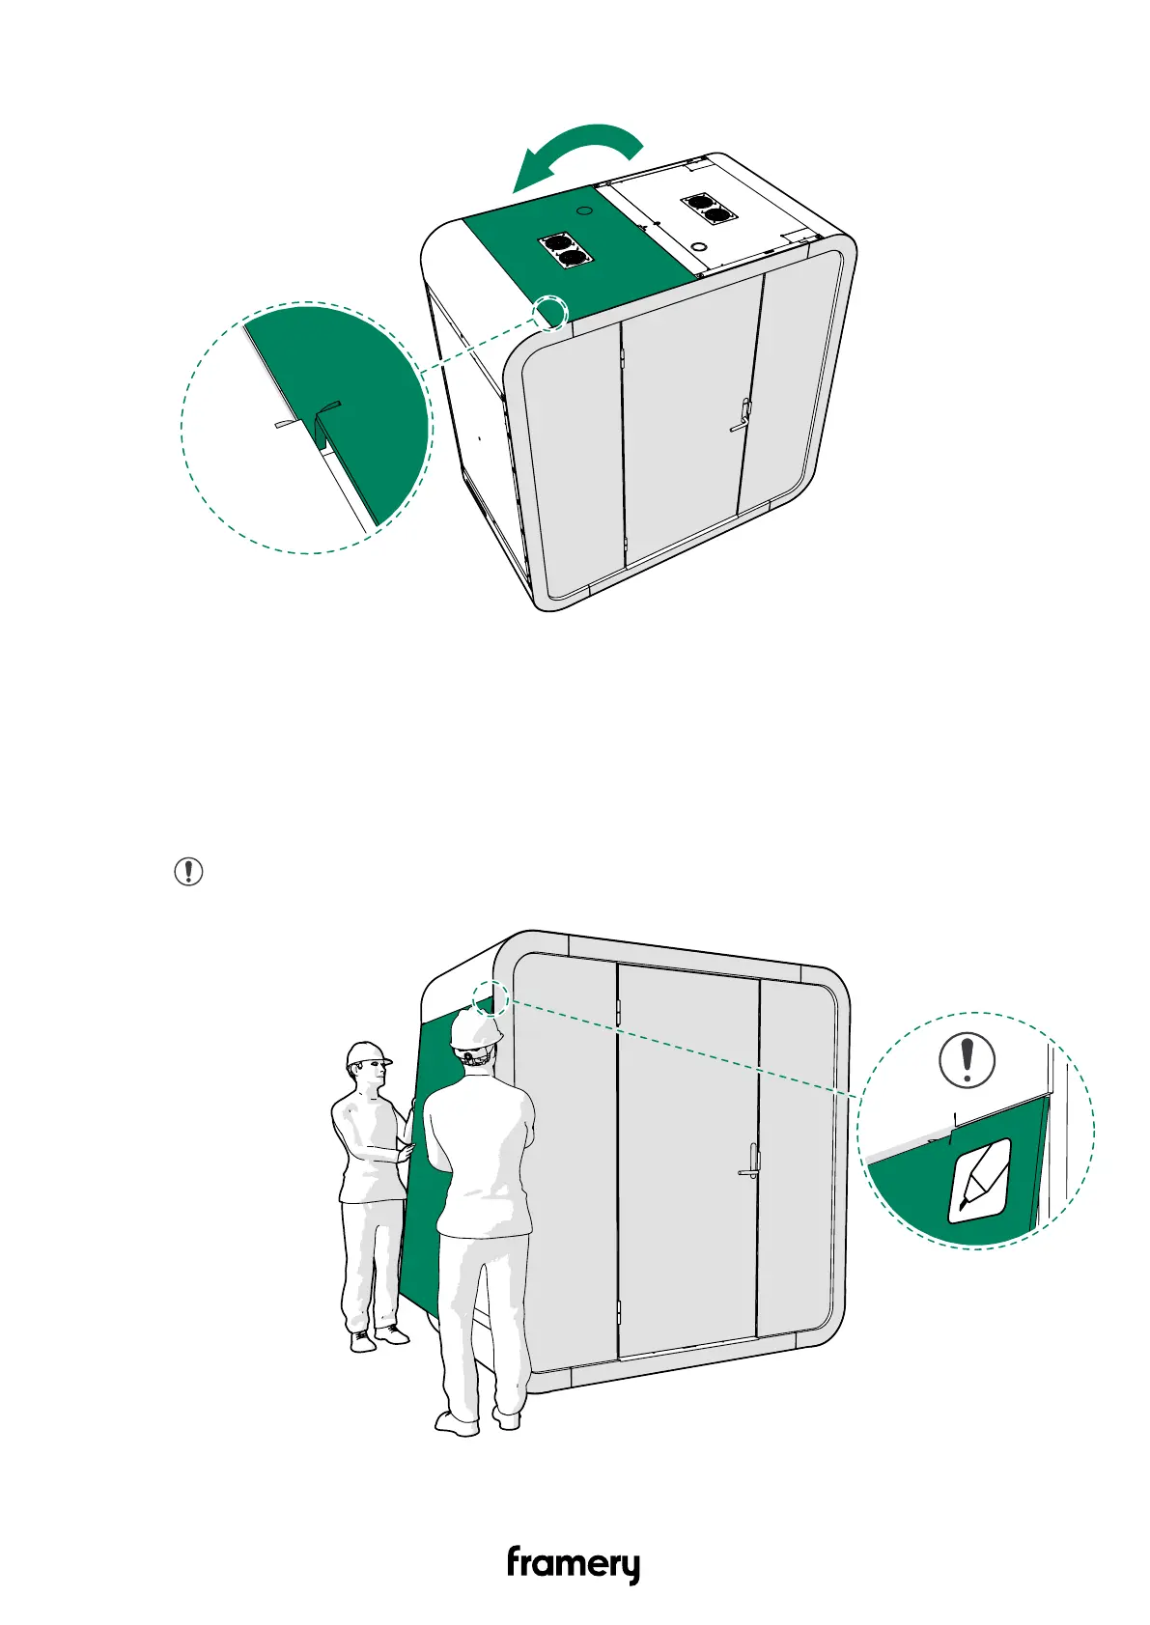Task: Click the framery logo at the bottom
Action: (574, 1564)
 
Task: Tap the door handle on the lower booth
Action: (750, 1162)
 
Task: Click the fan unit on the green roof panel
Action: (566, 252)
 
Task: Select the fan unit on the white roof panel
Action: (706, 210)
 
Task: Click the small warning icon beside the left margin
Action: (188, 871)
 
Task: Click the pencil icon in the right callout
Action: (980, 1180)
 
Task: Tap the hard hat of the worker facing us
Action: (368, 1053)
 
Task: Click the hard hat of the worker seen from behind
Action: (475, 1029)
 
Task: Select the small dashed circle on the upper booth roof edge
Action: (551, 312)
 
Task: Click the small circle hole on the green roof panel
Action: (582, 209)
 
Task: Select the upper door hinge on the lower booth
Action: (617, 1009)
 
